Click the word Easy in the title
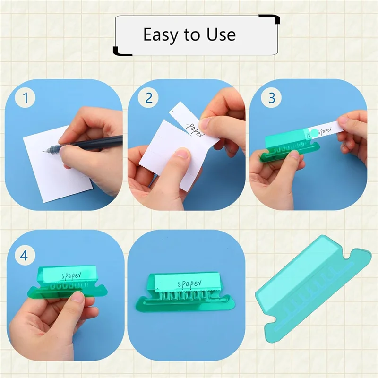click(x=161, y=35)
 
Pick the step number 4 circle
click(x=24, y=255)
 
